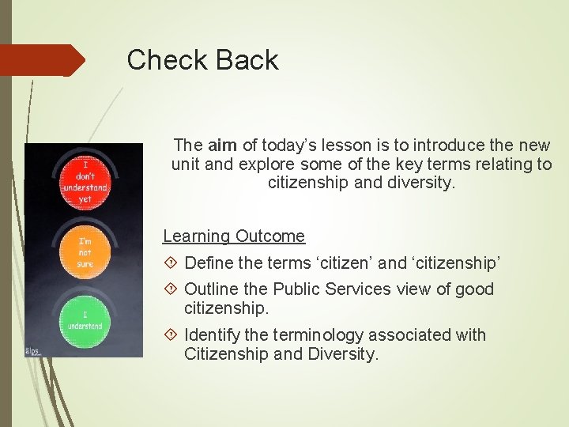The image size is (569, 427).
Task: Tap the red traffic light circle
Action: click(85, 180)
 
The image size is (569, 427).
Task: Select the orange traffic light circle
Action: click(85, 253)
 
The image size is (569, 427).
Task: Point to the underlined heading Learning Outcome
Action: click(233, 236)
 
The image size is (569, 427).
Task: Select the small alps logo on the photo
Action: click(33, 350)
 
